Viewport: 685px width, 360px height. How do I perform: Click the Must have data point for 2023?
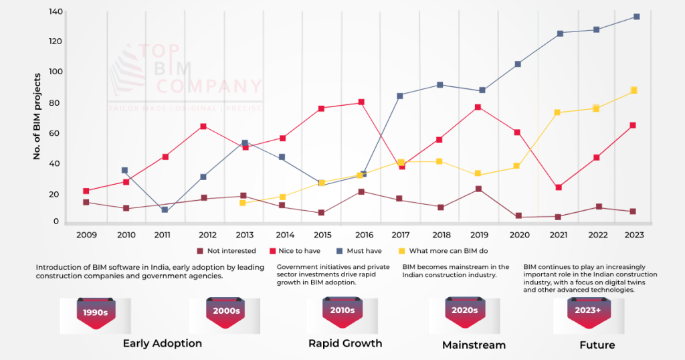click(x=636, y=17)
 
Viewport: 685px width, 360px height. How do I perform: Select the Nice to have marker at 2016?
click(x=361, y=102)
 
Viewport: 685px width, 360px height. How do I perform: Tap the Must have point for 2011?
click(x=165, y=209)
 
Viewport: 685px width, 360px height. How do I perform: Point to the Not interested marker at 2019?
click(x=478, y=189)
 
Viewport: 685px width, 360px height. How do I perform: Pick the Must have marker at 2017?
click(x=400, y=96)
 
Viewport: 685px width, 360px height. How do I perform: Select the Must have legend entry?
click(x=363, y=251)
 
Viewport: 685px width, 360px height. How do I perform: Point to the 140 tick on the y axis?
click(x=56, y=11)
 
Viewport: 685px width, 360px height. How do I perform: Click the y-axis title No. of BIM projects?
click(x=37, y=118)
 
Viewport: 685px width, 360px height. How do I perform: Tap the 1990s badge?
click(x=96, y=312)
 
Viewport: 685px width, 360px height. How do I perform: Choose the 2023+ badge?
click(x=588, y=311)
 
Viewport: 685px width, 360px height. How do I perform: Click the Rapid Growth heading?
click(x=345, y=343)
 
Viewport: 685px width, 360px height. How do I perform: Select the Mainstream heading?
click(x=474, y=345)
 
